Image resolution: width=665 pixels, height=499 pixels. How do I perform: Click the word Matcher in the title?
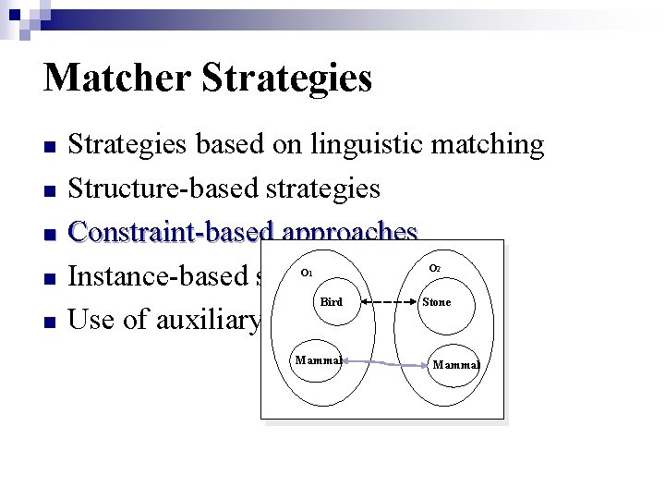pyautogui.click(x=115, y=78)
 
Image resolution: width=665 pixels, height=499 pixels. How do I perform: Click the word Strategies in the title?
pyautogui.click(x=285, y=79)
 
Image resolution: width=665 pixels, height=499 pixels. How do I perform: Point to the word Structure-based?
pyautogui.click(x=163, y=189)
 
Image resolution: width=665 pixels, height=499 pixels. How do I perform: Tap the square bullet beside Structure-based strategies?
pyautogui.click(x=51, y=191)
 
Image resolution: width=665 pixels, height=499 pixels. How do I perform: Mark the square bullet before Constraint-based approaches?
pyautogui.click(x=51, y=235)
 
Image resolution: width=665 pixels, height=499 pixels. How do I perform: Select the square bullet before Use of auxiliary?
pyautogui.click(x=51, y=323)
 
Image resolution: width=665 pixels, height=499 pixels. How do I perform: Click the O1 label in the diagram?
pyautogui.click(x=308, y=274)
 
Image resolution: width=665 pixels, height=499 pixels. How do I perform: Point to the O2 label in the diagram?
pyautogui.click(x=435, y=269)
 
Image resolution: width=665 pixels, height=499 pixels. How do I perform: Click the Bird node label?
pyautogui.click(x=331, y=302)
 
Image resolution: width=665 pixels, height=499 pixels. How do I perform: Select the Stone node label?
pyautogui.click(x=437, y=302)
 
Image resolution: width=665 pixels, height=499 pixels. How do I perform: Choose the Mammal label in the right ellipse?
pyautogui.click(x=456, y=365)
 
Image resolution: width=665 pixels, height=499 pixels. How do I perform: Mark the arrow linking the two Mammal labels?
pyautogui.click(x=383, y=363)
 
